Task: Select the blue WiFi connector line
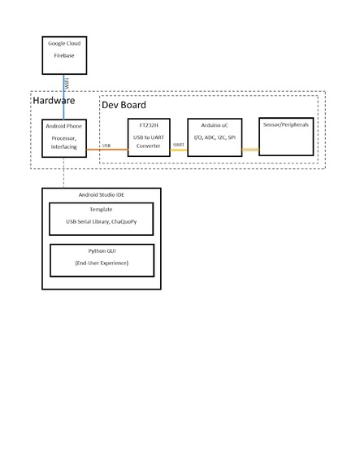pos(63,97)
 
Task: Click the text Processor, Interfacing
pos(63,142)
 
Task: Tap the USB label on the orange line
pos(106,145)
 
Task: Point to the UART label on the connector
pos(179,145)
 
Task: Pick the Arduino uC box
pos(214,139)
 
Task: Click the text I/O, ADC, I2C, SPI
pos(214,138)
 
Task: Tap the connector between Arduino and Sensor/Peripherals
pos(249,150)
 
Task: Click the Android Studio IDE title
pos(101,196)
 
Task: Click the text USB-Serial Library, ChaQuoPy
pos(101,222)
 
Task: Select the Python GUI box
pos(101,259)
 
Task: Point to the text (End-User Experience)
pos(101,263)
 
